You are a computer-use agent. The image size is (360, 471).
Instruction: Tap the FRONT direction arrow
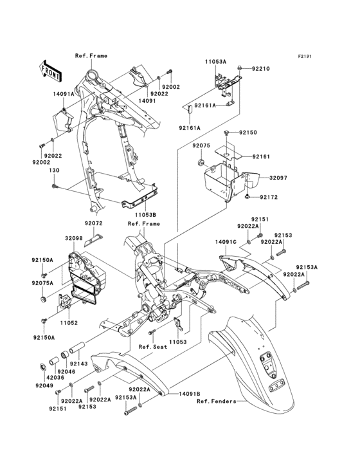(51, 68)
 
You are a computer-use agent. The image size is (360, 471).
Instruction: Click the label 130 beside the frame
(55, 170)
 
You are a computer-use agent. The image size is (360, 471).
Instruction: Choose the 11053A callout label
(215, 61)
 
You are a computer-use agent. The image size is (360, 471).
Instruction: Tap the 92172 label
(269, 196)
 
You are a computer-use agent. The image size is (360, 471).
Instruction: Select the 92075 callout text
(201, 145)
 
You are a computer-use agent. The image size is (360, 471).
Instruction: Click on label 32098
(74, 239)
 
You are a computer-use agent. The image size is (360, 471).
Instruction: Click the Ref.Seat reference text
(156, 346)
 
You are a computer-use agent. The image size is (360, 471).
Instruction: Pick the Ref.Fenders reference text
(215, 402)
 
